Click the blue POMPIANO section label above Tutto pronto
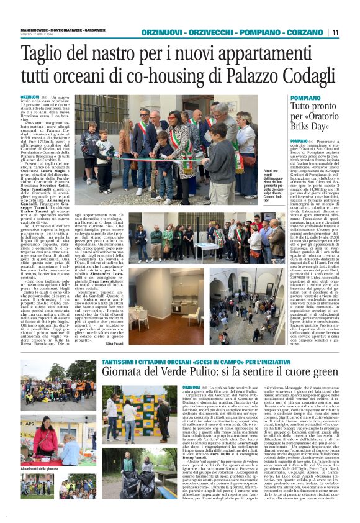[305, 98]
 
